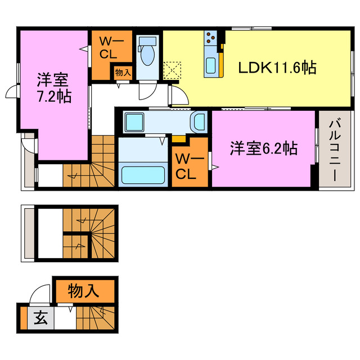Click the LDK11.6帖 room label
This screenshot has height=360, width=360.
[x=277, y=68]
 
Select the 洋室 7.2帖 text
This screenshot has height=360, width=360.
[x=54, y=87]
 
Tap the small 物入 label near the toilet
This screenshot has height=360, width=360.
[x=123, y=73]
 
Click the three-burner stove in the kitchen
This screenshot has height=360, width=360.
[x=211, y=38]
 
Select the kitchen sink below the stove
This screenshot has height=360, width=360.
[x=211, y=65]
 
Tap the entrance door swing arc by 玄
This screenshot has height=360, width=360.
[x=40, y=294]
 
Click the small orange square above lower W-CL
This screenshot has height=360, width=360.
[x=179, y=138]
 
